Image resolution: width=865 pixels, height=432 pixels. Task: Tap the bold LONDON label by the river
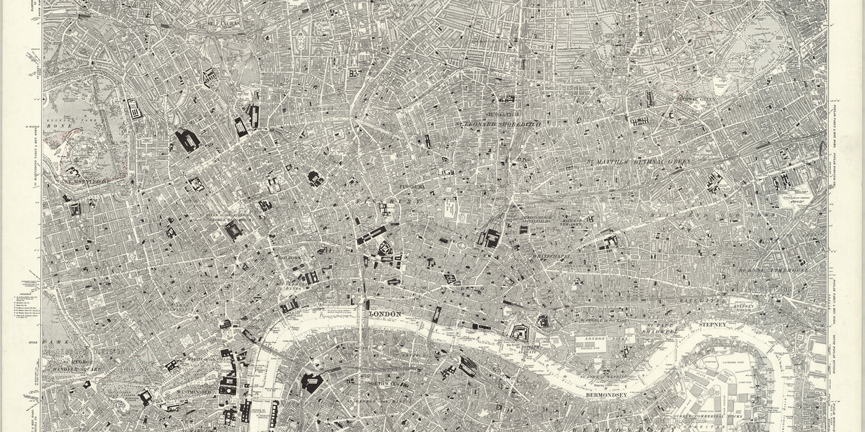coord(384,315)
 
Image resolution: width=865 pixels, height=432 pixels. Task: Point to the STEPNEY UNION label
coord(752,309)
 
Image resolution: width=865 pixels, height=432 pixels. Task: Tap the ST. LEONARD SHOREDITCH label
coord(504,124)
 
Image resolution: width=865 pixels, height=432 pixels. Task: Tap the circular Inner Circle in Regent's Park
coord(79,152)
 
